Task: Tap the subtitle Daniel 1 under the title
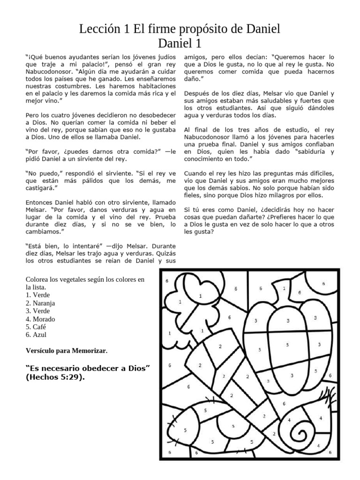[x=180, y=44]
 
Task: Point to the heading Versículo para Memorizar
[x=67, y=350]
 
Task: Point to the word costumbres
[x=62, y=86]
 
